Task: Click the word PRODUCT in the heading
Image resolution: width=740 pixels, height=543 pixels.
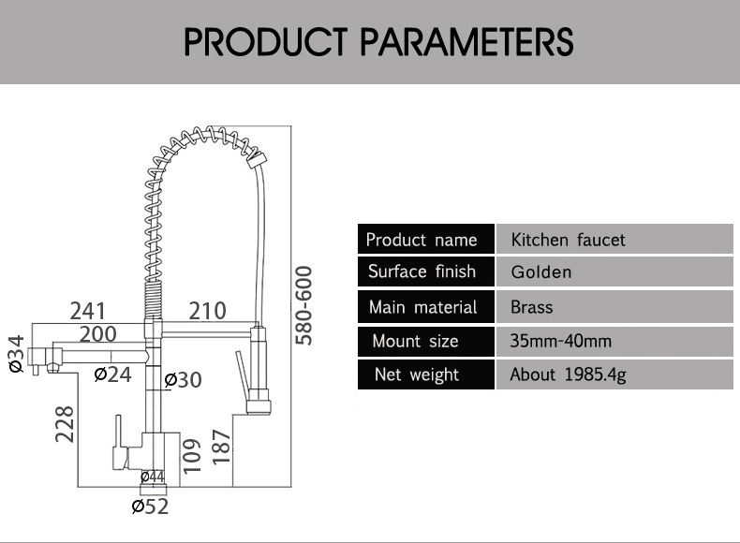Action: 266,42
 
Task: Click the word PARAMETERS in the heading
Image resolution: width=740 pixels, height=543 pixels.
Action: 466,42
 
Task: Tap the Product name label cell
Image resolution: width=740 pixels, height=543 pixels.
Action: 426,239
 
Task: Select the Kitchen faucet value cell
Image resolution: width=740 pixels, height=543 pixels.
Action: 614,239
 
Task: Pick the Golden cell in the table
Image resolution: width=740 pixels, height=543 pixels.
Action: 614,271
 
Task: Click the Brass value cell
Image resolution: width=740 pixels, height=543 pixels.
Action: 614,307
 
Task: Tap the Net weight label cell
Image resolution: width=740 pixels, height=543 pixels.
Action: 426,374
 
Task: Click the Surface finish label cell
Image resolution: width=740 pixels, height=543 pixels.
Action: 426,271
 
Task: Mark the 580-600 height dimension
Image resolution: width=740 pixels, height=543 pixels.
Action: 303,305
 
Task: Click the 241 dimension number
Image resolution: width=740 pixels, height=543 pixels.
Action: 88,311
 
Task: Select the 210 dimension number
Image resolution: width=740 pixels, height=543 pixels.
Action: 208,311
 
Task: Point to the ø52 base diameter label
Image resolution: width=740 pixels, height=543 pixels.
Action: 150,506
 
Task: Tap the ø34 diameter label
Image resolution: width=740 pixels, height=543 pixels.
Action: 16,354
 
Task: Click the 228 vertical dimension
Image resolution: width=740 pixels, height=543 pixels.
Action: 65,424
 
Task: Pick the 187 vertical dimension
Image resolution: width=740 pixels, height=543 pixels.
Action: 221,447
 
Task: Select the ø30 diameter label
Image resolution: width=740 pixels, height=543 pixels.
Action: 183,380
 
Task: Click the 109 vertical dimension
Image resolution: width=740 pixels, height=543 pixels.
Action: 192,456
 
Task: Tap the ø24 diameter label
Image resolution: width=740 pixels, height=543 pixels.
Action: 112,374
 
